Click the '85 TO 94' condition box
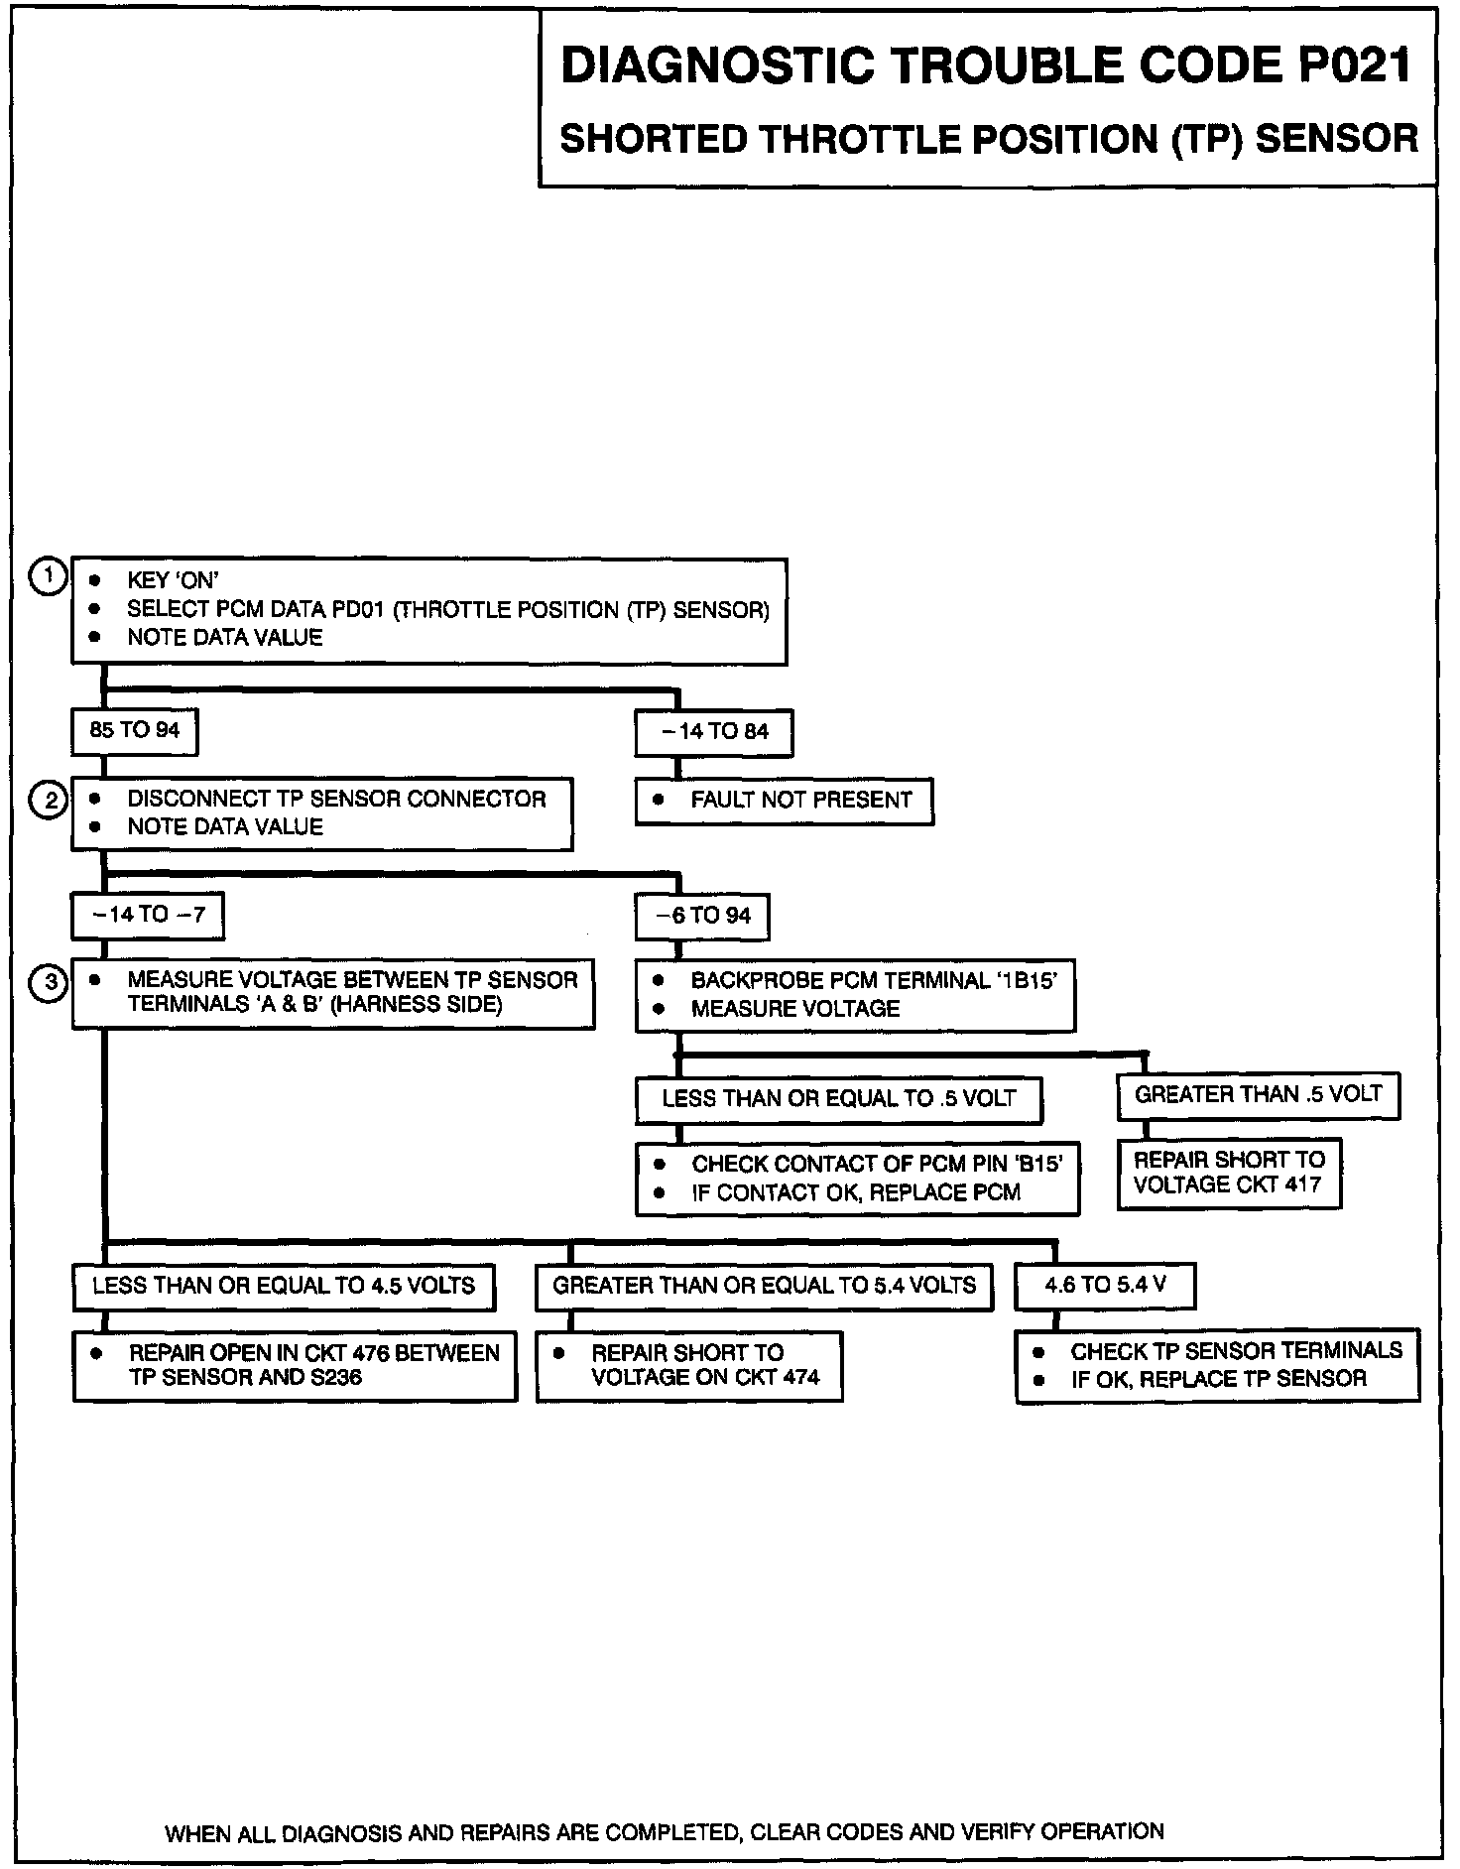point(134,732)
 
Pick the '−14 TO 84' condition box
point(714,733)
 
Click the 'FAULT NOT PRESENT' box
point(784,802)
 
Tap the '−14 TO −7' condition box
point(148,916)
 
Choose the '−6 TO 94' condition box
point(702,917)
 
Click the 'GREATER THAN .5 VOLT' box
point(1258,1095)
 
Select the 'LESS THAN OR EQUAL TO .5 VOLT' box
point(838,1100)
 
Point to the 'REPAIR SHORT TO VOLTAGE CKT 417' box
point(1229,1174)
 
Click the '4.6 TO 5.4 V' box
point(1105,1287)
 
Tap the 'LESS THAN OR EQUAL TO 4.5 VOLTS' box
point(284,1287)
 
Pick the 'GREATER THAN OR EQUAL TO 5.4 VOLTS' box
point(764,1287)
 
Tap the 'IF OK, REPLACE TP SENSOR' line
point(1218,1379)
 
